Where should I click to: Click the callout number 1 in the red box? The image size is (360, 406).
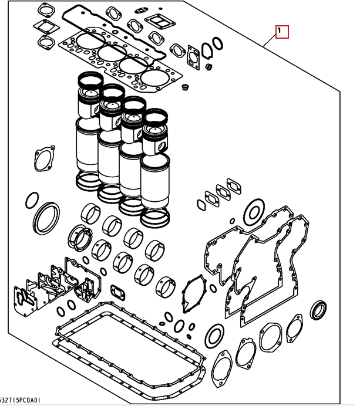279,31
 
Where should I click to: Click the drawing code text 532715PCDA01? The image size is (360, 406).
20,401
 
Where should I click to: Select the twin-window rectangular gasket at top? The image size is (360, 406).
160,22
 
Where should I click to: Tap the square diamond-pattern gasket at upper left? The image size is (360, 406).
46,26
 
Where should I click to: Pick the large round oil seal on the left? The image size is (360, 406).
46,218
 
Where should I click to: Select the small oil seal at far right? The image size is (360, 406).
318,310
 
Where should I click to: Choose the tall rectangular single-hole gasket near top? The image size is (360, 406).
194,58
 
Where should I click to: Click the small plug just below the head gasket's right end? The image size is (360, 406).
185,87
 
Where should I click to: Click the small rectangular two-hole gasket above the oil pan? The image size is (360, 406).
118,292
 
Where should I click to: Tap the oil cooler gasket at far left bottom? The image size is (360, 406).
25,298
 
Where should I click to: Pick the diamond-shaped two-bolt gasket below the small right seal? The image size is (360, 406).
295,328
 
